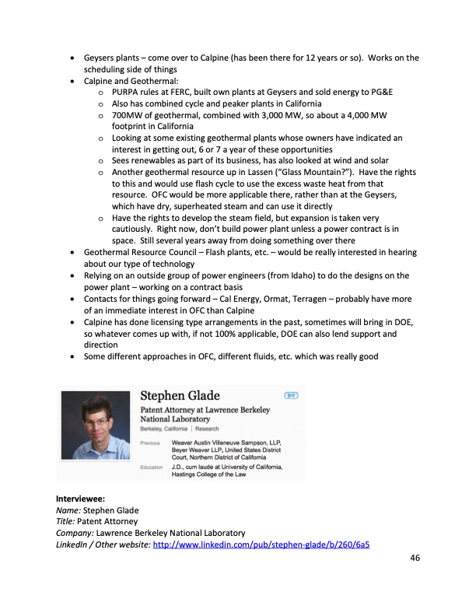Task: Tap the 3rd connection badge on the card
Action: (x=292, y=395)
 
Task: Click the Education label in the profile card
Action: (x=152, y=467)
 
